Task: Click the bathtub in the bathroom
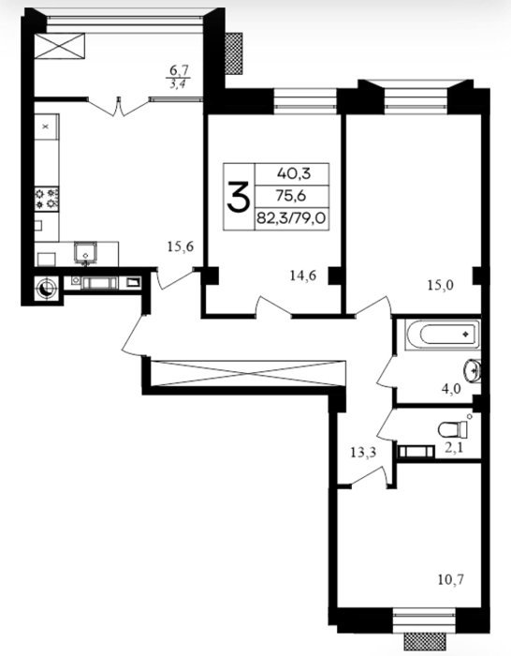click(x=443, y=334)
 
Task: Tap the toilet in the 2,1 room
click(x=452, y=429)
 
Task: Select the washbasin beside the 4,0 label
click(x=473, y=370)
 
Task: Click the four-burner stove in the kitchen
click(x=47, y=199)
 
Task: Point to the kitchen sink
click(x=86, y=253)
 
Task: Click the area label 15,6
click(x=181, y=246)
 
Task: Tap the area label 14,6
click(x=302, y=276)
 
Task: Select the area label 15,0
click(x=441, y=285)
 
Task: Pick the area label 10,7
click(x=451, y=580)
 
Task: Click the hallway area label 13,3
click(x=363, y=452)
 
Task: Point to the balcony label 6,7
click(x=180, y=70)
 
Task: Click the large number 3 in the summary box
click(x=239, y=196)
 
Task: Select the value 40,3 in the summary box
click(x=294, y=173)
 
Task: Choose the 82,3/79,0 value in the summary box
click(x=291, y=218)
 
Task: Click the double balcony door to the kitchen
click(x=119, y=105)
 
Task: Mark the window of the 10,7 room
click(x=424, y=618)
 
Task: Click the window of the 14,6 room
click(x=305, y=101)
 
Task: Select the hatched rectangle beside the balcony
click(x=234, y=53)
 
